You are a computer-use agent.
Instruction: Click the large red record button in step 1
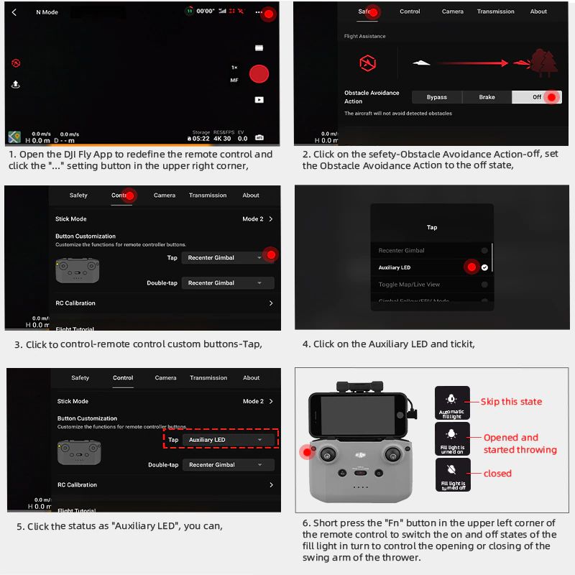259,73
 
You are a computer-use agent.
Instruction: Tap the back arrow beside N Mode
14,12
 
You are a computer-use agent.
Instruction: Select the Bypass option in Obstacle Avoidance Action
436,97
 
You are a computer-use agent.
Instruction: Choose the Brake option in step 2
487,97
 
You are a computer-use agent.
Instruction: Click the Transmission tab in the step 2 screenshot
495,11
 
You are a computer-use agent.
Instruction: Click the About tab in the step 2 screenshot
538,11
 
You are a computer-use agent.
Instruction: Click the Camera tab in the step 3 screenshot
165,195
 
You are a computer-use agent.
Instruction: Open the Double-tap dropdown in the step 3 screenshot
227,283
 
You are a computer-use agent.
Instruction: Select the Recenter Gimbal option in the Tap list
401,250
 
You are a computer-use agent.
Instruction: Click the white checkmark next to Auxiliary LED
484,267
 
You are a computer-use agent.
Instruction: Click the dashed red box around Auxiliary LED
220,439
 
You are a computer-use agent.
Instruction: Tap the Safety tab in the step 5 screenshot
80,377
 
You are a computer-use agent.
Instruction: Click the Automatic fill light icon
451,402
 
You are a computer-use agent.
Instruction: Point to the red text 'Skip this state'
511,402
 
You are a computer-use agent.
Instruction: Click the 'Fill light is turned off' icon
452,474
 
